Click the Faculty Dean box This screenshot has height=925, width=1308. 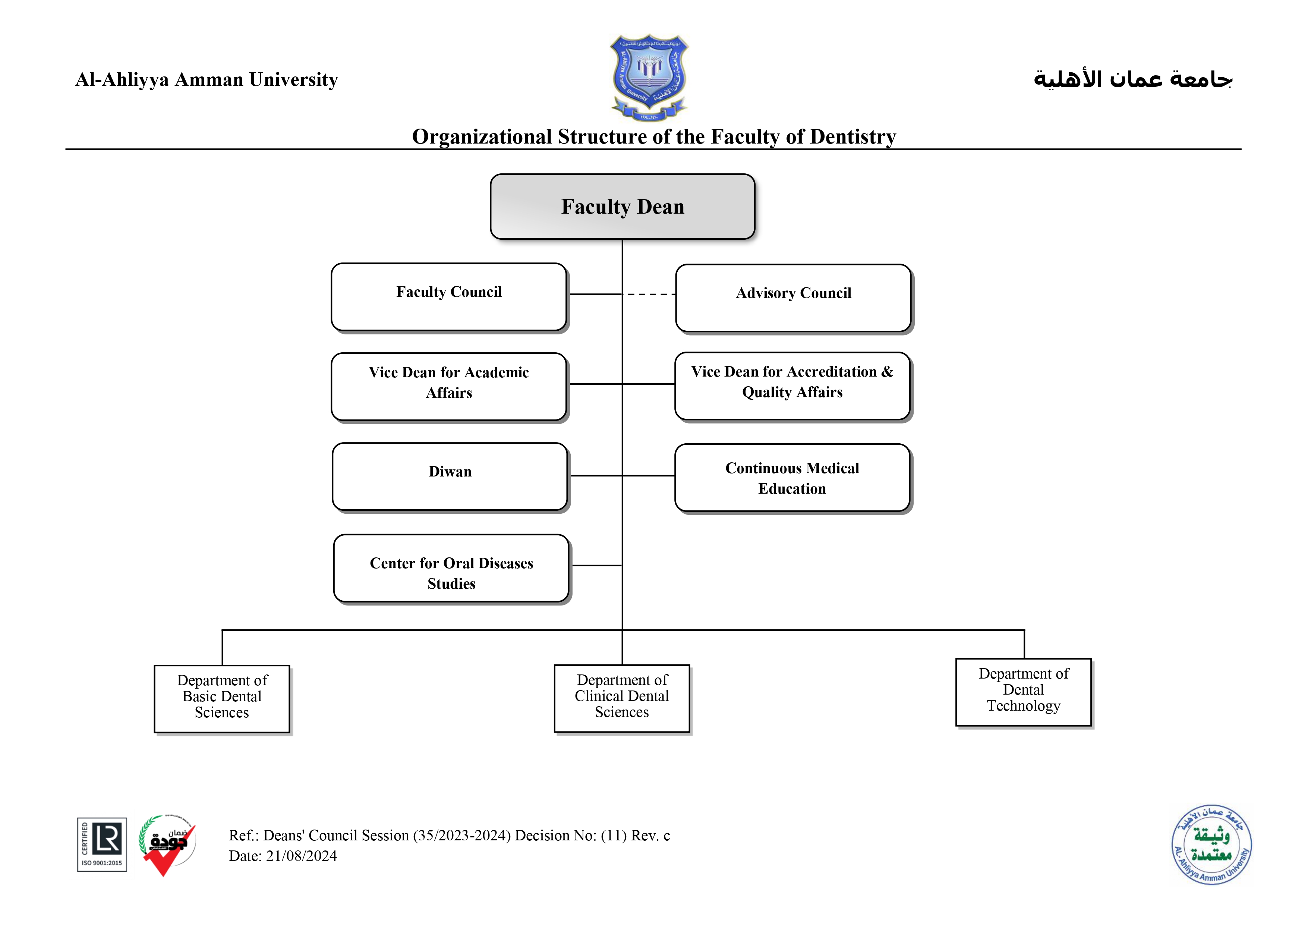click(622, 206)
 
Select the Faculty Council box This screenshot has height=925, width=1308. click(449, 296)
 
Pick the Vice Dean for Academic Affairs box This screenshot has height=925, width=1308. click(449, 386)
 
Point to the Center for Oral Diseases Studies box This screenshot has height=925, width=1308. click(451, 568)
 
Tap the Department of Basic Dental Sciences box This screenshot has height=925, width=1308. click(222, 698)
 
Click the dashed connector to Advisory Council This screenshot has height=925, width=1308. click(650, 295)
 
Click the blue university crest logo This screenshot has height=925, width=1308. click(649, 77)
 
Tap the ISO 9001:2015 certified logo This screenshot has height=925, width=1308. click(102, 844)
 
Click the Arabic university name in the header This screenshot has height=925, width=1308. click(1132, 79)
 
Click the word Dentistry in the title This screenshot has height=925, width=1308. click(853, 137)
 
